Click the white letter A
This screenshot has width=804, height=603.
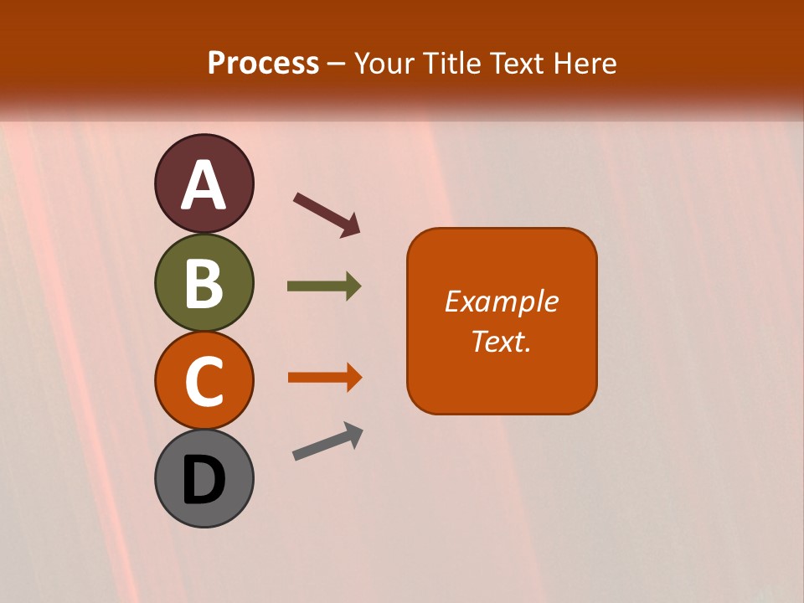[204, 185]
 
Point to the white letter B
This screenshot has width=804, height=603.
[204, 283]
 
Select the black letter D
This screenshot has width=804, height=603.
[204, 481]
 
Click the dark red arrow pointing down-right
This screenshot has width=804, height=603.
[327, 214]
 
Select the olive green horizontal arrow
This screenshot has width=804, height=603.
[323, 286]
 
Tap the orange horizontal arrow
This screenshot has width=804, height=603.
[324, 378]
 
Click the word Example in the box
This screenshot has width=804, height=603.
[502, 301]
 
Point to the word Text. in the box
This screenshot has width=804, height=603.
[501, 341]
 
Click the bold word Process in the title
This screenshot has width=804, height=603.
[263, 64]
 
